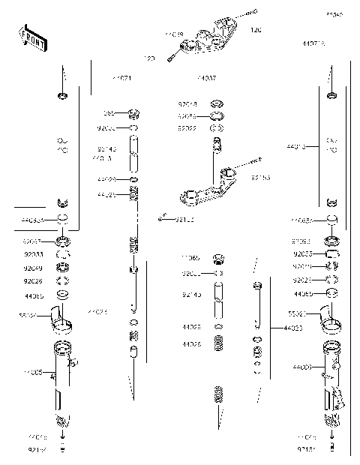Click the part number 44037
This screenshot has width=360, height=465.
tap(206, 78)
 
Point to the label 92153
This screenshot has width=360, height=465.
tap(260, 179)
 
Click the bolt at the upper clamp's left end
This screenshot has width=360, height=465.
tap(176, 51)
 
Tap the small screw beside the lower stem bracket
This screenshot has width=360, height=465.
tap(162, 218)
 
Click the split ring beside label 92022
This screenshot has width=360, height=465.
tap(217, 128)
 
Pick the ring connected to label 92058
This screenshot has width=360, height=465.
tap(217, 116)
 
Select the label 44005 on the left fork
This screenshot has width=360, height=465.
tap(32, 372)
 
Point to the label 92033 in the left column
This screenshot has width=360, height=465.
tap(32, 254)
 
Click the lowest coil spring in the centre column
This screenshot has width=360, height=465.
tap(219, 394)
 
